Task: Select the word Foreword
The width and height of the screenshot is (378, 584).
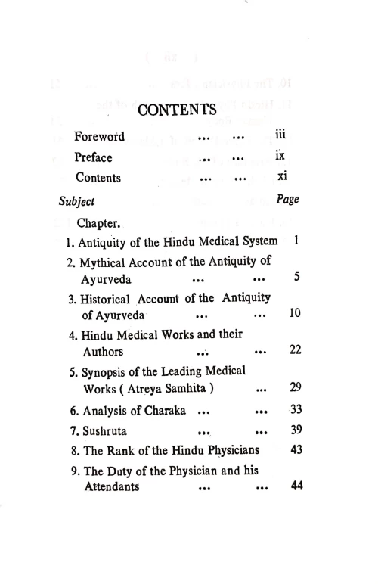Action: pos(100,137)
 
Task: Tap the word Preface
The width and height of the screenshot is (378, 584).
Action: pos(93,157)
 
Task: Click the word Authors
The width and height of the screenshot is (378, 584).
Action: pos(104,351)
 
